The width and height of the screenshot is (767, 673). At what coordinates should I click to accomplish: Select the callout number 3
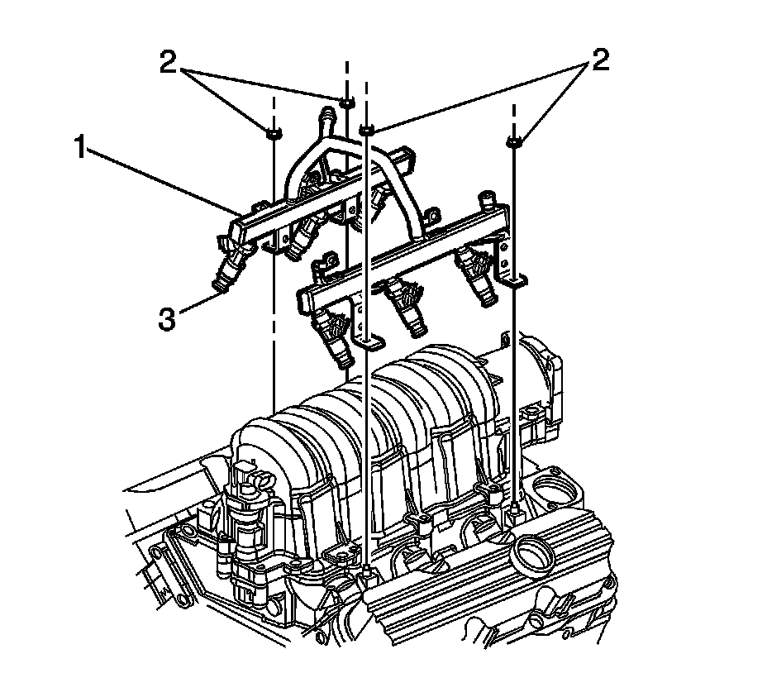click(167, 321)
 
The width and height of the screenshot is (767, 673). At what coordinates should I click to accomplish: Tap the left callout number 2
click(168, 63)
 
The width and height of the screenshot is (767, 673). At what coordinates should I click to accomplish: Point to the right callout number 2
click(600, 60)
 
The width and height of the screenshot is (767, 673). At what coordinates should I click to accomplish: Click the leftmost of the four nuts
click(273, 132)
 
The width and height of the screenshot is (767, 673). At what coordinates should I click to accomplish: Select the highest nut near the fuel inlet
click(346, 103)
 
